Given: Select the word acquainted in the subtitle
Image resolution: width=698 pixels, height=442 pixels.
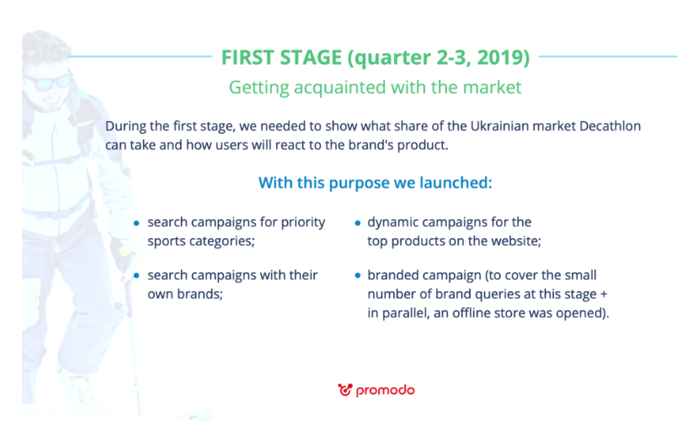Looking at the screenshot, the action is (x=339, y=88).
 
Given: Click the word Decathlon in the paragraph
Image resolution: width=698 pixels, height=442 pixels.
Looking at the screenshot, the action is (x=610, y=126).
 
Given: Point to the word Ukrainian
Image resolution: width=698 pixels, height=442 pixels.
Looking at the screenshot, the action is (x=498, y=126).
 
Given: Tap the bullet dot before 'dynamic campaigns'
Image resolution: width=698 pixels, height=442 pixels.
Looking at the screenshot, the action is (x=358, y=223).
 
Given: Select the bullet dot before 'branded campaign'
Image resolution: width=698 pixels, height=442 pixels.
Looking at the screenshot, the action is (x=358, y=276).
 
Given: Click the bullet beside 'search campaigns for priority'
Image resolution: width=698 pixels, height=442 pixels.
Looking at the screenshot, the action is (x=136, y=223).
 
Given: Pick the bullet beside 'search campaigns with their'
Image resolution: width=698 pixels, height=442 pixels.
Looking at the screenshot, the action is (x=136, y=276).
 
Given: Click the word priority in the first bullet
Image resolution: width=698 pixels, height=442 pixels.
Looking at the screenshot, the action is (x=303, y=222).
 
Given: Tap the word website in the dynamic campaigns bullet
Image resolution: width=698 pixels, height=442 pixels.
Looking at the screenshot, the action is (x=514, y=242).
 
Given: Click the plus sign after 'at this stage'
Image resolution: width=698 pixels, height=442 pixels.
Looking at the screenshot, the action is (x=604, y=294).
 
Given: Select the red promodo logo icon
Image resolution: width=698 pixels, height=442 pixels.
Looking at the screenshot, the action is (x=345, y=390).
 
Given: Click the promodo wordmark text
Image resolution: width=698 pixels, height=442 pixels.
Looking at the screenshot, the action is (x=386, y=391).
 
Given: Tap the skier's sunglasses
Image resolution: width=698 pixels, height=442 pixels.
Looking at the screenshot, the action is (x=49, y=82).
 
